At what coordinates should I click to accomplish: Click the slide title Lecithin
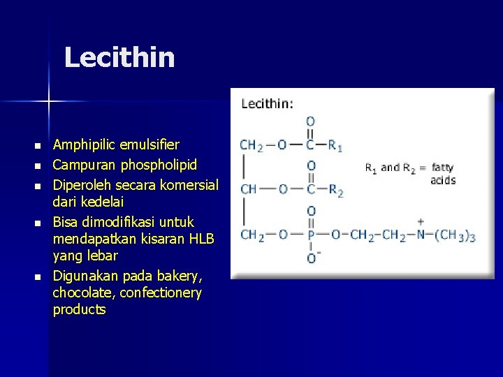[119, 57]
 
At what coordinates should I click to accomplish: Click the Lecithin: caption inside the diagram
[268, 103]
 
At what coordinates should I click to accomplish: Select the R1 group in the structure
[335, 146]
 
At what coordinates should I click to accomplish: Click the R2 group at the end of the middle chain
[335, 190]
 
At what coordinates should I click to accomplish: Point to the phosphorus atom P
[311, 235]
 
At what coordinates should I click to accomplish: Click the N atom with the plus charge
[421, 235]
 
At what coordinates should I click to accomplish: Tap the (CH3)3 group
[455, 235]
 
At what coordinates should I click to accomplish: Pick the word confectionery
[161, 293]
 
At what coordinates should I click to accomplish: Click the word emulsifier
[151, 145]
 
